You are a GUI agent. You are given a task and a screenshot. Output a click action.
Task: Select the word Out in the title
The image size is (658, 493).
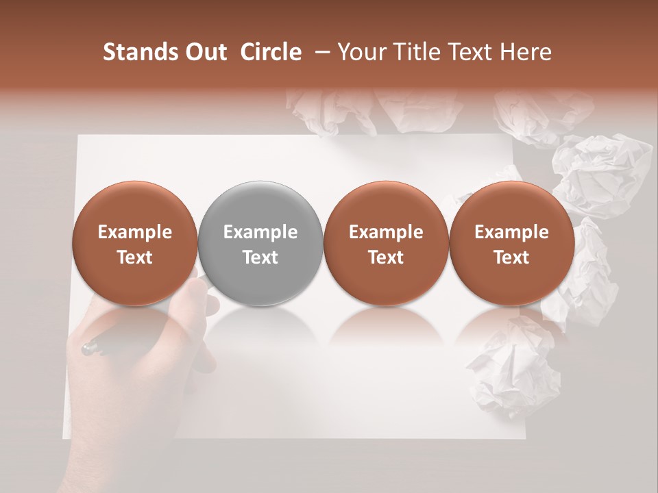pos(203,53)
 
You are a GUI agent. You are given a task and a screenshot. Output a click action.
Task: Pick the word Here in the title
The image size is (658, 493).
pos(526,53)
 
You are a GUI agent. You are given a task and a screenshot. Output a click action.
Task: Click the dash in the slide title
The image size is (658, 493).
pos(319,53)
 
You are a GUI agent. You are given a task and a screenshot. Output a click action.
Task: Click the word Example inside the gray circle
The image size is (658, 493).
pos(260,232)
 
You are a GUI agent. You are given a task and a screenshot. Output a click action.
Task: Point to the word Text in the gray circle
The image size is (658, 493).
pos(260,257)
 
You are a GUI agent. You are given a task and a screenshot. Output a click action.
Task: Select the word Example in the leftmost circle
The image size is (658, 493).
pos(134,232)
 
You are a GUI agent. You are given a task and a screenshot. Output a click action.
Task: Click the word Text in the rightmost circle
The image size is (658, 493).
pos(511,257)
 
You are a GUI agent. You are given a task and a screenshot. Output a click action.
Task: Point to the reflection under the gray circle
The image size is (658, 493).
pos(260,329)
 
